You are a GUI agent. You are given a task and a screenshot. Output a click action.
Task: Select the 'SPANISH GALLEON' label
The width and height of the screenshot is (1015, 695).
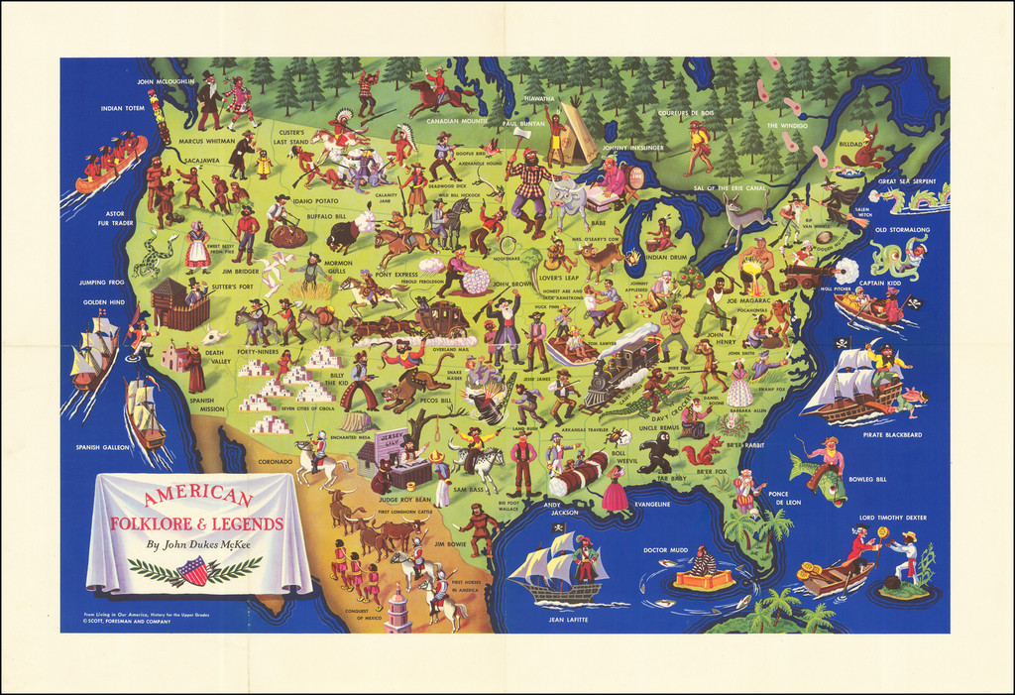pos(102,447)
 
